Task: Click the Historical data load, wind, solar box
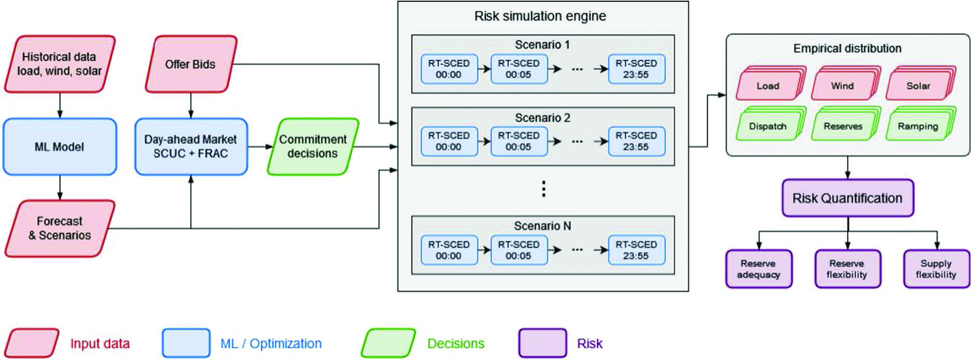point(61,63)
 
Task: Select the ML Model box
point(60,147)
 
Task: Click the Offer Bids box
point(191,64)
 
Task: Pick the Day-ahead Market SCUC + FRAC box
point(191,147)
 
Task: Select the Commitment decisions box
point(313,147)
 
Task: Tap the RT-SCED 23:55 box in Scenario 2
point(636,141)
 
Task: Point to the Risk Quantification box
point(847,199)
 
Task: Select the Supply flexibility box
point(936,269)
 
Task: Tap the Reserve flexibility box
point(847,269)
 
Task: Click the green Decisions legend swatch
point(388,344)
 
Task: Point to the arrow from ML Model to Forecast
point(60,187)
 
